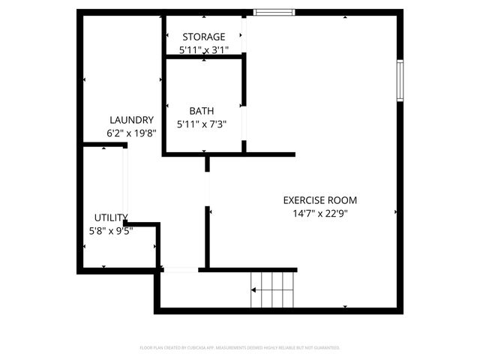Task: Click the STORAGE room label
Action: tap(203, 37)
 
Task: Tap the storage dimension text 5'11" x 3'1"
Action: tap(203, 49)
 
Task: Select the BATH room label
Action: tap(201, 111)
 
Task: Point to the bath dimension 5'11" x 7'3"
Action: tap(201, 124)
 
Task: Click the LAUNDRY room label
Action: tap(131, 120)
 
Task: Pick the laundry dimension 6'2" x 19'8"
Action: tap(131, 133)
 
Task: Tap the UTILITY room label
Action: tap(110, 217)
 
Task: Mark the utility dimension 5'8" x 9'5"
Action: tap(110, 231)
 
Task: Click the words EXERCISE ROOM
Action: tap(319, 200)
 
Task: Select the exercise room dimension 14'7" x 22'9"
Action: tap(319, 213)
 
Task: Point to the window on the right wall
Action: tap(400, 81)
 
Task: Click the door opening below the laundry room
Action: tap(180, 269)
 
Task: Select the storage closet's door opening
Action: tap(244, 34)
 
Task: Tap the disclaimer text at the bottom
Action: tap(240, 348)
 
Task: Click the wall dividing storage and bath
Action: tap(202, 56)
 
